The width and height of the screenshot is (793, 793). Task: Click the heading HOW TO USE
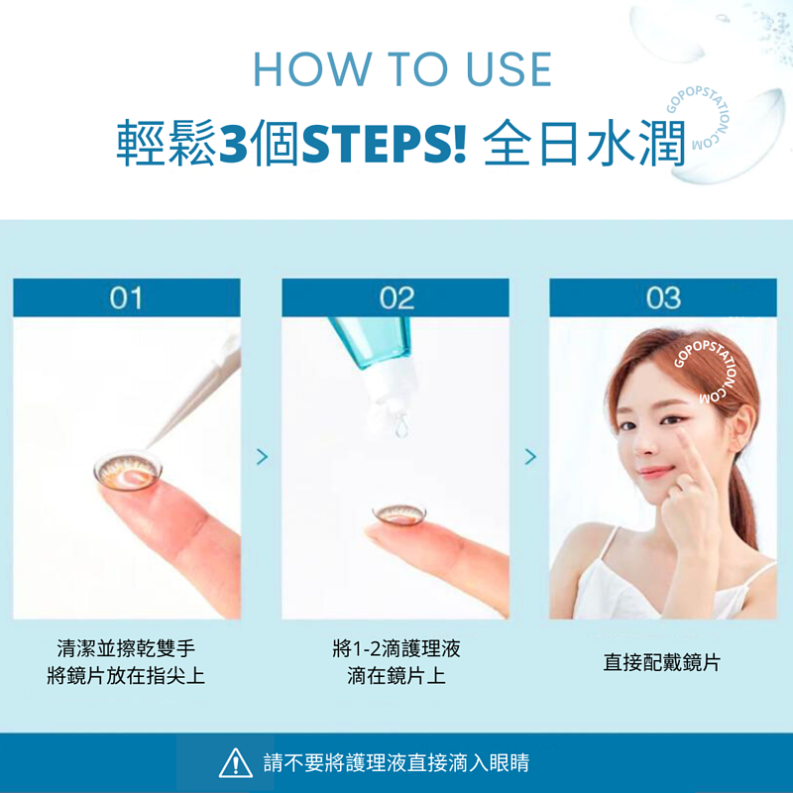(401, 68)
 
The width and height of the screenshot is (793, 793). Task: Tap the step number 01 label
(126, 297)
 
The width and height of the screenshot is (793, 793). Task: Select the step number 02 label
(396, 297)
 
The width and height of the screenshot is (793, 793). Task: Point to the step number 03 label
(663, 297)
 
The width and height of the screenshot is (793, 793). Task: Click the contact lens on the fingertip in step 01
(123, 468)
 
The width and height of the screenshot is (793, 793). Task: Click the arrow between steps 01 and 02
(262, 456)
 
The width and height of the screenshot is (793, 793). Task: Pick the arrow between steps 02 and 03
(530, 456)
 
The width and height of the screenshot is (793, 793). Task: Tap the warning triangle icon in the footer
(235, 762)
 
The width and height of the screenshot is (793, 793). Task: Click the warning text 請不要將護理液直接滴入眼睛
(396, 763)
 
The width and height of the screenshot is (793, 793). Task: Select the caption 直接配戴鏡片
(662, 662)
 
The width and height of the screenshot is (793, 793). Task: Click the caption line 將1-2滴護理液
(396, 649)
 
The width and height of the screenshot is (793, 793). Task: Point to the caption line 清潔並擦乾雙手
(126, 649)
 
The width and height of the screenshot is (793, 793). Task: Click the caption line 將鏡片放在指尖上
(126, 676)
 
